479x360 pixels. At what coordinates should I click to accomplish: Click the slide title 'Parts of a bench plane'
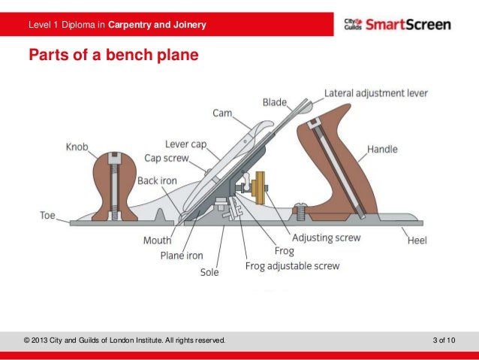[113, 55]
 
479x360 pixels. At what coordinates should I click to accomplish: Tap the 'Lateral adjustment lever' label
[376, 94]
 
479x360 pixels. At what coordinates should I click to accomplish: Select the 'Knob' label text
[77, 147]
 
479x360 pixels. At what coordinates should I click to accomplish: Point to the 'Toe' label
[48, 215]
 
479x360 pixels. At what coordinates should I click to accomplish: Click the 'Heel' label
[417, 241]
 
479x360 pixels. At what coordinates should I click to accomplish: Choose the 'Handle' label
[382, 150]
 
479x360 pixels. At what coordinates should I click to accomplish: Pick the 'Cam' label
[222, 113]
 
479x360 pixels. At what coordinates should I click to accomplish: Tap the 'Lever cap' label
[186, 144]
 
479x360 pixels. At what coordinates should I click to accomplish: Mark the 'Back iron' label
[156, 181]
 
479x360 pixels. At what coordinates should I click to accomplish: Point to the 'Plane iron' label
[182, 256]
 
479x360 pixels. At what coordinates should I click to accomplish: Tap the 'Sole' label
[209, 272]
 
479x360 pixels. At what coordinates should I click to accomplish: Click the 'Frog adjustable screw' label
[293, 266]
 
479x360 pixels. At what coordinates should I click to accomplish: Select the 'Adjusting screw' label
[326, 237]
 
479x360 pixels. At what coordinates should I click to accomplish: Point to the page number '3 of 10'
[444, 341]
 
